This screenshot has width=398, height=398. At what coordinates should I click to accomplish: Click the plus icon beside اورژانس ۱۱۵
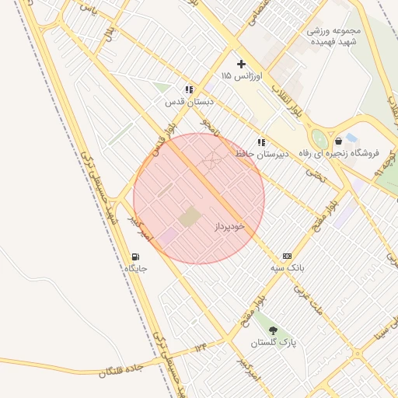(x=241, y=64)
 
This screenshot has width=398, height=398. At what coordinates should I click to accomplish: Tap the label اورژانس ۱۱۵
(x=243, y=76)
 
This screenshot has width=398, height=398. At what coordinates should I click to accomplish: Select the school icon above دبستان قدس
(x=189, y=89)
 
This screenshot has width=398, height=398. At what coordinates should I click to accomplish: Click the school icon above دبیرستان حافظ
(x=261, y=142)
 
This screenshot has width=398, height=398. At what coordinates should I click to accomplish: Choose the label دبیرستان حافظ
(x=262, y=154)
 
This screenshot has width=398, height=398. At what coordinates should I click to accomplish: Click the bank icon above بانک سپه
(x=287, y=256)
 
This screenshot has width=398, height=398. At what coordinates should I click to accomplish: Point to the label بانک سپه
(x=287, y=268)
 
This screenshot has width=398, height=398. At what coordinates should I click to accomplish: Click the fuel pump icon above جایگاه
(x=136, y=257)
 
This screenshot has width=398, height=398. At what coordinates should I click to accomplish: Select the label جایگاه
(x=136, y=268)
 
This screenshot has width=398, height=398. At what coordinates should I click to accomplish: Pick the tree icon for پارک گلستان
(x=273, y=330)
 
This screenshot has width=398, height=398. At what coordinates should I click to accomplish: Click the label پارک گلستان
(x=273, y=343)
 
